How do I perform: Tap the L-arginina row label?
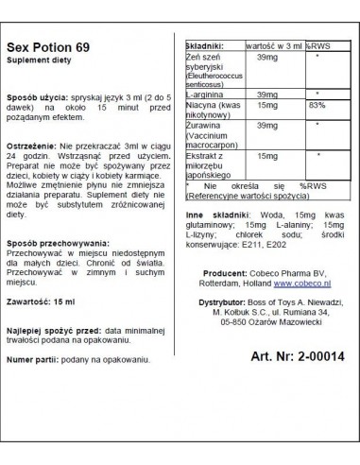[208, 121]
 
